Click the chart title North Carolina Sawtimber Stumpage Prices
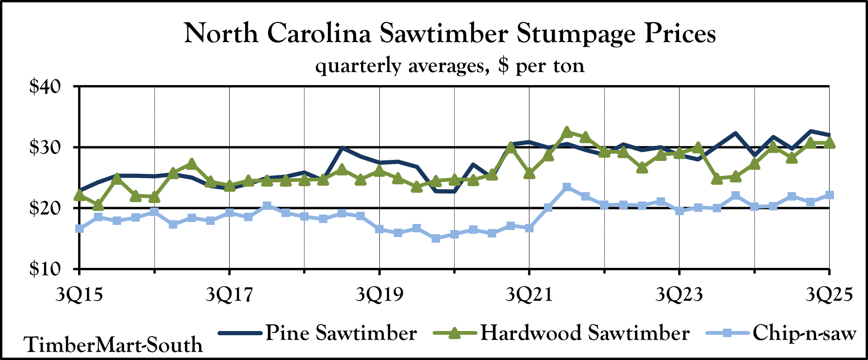coord(450,34)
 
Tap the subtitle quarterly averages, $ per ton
coord(450,65)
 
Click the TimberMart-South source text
coord(114,345)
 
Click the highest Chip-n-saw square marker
coord(567,187)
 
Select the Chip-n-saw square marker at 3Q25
coord(829,195)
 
